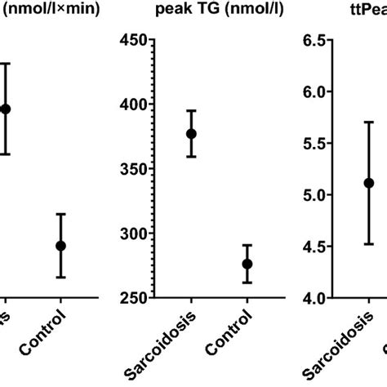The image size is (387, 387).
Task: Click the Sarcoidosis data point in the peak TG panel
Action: point(191,134)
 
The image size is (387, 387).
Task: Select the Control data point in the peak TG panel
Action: point(247,264)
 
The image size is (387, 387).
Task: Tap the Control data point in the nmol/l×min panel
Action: point(60,246)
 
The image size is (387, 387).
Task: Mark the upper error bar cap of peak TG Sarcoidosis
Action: point(191,110)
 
